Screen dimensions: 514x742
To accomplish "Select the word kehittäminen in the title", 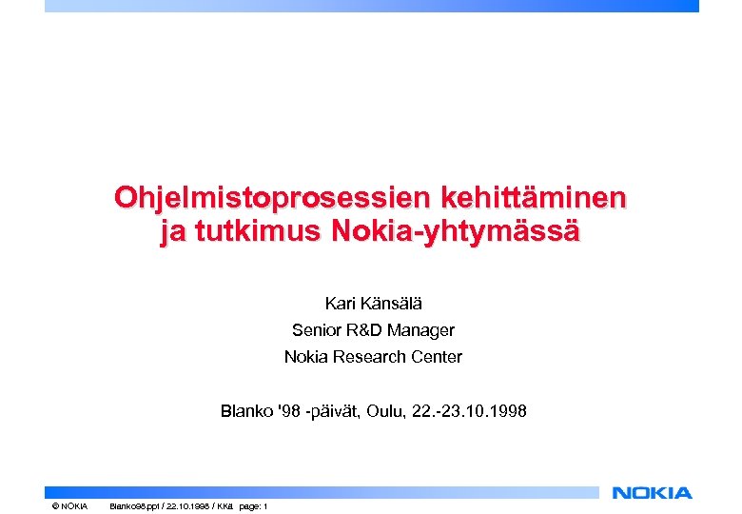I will pyautogui.click(x=532, y=198).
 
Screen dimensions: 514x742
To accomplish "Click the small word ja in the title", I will pyautogui.click(x=171, y=232).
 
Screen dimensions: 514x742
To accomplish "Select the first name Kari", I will pyautogui.click(x=340, y=304).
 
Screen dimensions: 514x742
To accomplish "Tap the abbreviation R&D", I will pyautogui.click(x=366, y=330).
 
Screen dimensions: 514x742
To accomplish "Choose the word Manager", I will pyautogui.click(x=423, y=330).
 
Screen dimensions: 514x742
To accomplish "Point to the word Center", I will pyautogui.click(x=437, y=357).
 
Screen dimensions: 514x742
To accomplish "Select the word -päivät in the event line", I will pyautogui.click(x=341, y=412).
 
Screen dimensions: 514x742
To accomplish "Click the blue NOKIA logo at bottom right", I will pyautogui.click(x=653, y=492).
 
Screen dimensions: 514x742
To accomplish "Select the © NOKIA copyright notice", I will pyautogui.click(x=69, y=505).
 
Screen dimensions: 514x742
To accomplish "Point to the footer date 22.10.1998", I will pyautogui.click(x=189, y=505).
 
